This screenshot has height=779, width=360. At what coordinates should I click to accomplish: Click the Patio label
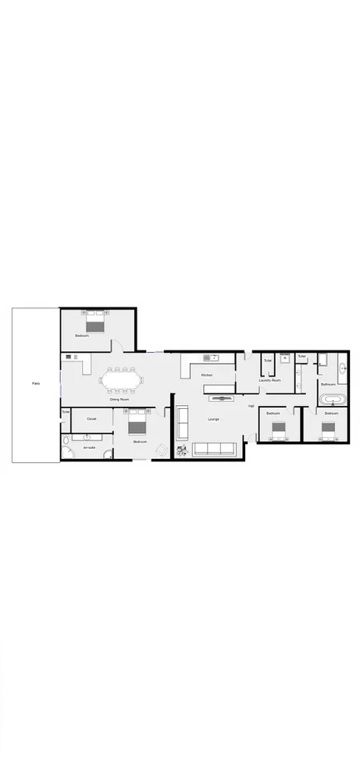[x=36, y=383]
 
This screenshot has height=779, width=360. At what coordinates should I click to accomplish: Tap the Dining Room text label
[x=119, y=399]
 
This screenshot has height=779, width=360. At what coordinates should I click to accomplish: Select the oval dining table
[x=122, y=381]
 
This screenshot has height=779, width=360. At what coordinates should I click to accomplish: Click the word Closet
[x=91, y=418]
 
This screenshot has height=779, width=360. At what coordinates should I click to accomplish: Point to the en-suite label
[x=89, y=447]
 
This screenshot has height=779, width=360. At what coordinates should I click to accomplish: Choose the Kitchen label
[x=206, y=375]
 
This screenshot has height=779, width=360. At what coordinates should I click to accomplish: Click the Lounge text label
[x=213, y=419]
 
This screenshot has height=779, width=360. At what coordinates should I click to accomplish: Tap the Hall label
[x=251, y=406]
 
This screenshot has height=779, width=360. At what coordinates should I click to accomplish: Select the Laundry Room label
[x=270, y=380]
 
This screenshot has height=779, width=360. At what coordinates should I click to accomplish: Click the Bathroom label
[x=328, y=384]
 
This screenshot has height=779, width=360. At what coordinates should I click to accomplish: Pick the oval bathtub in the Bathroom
[x=332, y=400]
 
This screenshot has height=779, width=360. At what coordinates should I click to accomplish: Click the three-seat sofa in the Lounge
[x=215, y=449]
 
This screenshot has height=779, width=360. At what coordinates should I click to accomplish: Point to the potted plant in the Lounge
[x=181, y=450]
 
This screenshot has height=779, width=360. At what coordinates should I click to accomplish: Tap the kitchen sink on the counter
[x=210, y=357]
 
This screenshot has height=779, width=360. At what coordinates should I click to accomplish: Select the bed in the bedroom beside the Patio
[x=94, y=324]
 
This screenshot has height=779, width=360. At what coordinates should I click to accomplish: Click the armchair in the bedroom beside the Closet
[x=161, y=450]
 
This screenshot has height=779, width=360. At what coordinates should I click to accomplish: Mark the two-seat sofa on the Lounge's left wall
[x=183, y=422]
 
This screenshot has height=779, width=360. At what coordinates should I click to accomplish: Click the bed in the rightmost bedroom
[x=328, y=428]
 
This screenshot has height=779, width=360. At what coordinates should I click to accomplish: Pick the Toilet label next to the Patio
[x=66, y=411]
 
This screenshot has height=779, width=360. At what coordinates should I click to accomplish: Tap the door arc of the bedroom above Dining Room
[x=118, y=346]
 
